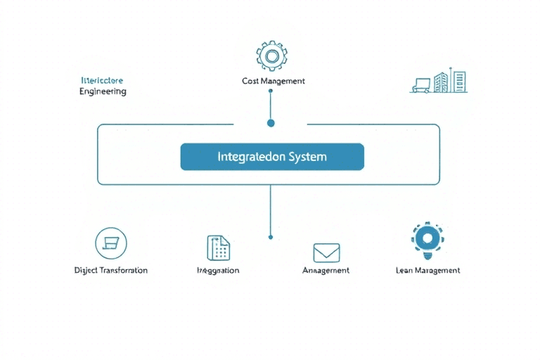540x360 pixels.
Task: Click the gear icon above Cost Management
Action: tap(270, 56)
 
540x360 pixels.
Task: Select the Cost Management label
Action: tap(274, 81)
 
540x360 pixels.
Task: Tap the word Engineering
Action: tap(103, 91)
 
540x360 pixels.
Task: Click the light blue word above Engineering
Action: tap(102, 80)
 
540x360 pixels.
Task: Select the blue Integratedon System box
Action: tap(272, 157)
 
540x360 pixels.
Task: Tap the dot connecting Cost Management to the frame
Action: tap(271, 123)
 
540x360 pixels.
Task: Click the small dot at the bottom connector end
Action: tap(271, 237)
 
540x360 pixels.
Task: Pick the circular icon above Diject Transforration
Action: tap(110, 243)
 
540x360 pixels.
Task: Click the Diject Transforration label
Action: tap(111, 270)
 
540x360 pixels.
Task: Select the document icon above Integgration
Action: tap(219, 247)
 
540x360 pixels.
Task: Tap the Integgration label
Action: tap(219, 270)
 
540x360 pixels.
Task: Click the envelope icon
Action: tap(326, 252)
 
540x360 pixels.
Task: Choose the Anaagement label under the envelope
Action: tap(326, 270)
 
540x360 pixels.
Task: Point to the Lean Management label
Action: tap(428, 270)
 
